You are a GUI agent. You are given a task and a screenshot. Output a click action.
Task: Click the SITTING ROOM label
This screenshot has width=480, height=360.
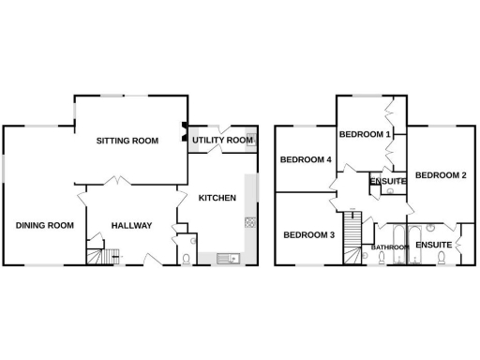pyautogui.click(x=127, y=141)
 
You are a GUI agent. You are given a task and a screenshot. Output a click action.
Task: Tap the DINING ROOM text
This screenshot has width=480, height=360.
pyautogui.click(x=45, y=225)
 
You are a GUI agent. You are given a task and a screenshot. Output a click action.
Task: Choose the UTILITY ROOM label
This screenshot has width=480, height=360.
pyautogui.click(x=223, y=141)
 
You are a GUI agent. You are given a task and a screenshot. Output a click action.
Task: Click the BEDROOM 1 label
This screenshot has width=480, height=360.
pyautogui.click(x=364, y=134)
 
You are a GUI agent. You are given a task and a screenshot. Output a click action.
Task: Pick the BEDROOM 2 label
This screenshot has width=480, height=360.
pyautogui.click(x=440, y=175)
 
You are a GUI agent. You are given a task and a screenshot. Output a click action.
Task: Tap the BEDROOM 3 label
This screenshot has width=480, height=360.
pyautogui.click(x=308, y=234)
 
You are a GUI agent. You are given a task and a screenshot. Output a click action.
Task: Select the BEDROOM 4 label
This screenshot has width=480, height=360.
pyautogui.click(x=306, y=159)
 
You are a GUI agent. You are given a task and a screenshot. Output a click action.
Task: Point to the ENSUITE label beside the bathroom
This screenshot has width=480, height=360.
pyautogui.click(x=434, y=245)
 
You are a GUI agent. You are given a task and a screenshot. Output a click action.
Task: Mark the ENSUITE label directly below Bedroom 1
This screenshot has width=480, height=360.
pyautogui.click(x=387, y=181)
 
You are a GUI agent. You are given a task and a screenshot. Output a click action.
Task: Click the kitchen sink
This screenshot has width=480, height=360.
pyautogui.click(x=228, y=258)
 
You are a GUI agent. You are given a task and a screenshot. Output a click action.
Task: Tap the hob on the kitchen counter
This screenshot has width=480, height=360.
pyautogui.click(x=250, y=222)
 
